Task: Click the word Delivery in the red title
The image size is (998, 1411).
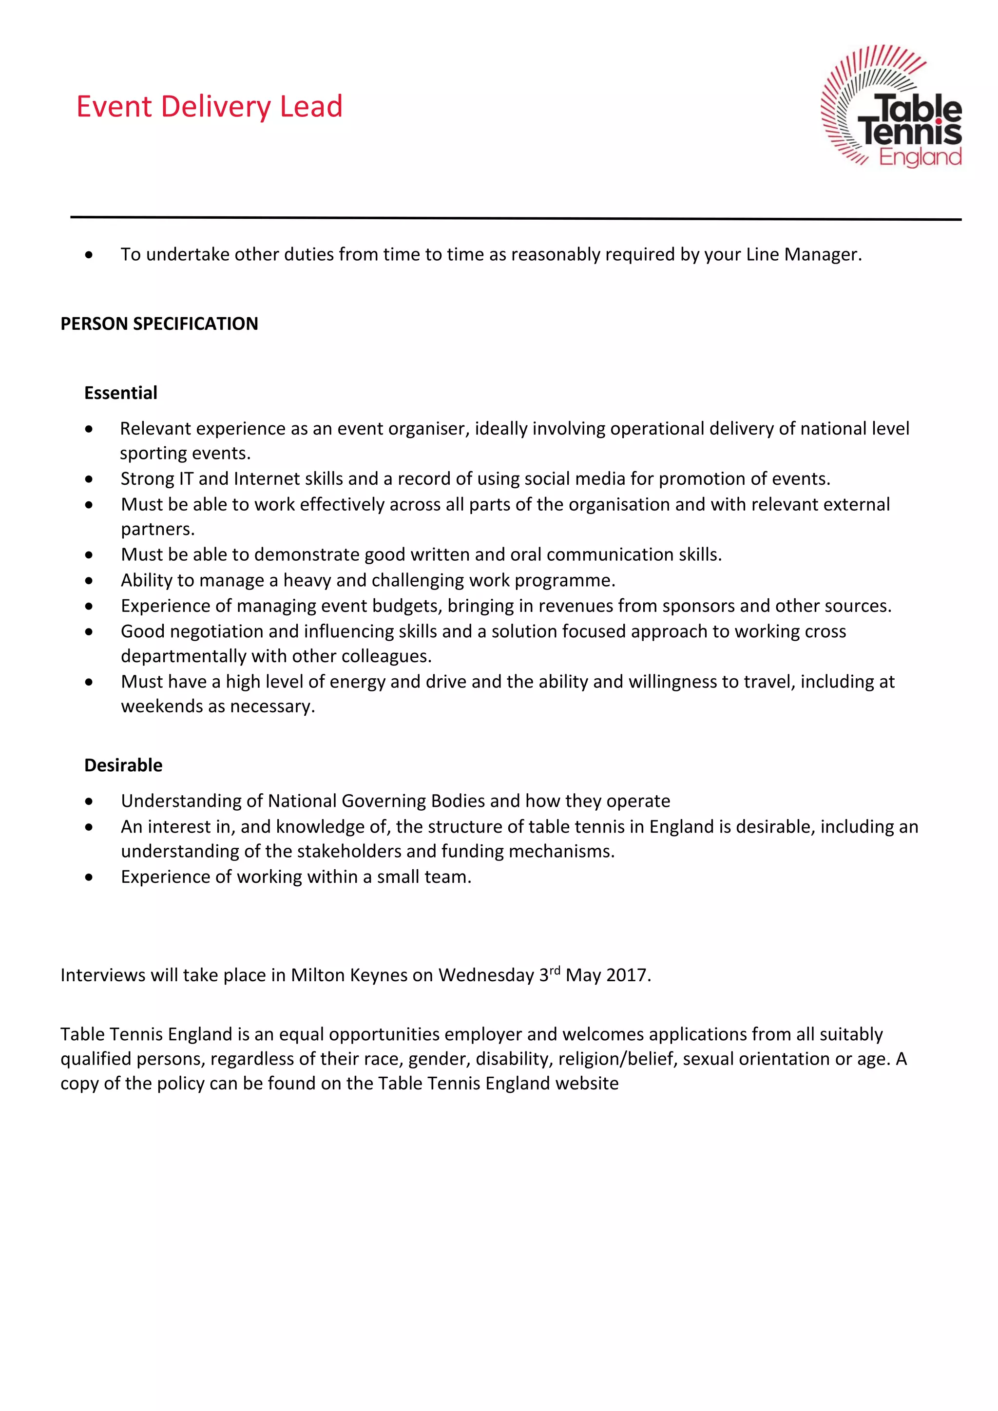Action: (216, 107)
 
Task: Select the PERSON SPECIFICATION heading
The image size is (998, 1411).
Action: (159, 324)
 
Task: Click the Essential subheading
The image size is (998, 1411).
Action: (120, 393)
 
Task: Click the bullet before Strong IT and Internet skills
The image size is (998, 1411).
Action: (90, 479)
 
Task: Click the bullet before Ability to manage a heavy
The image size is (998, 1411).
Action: (90, 581)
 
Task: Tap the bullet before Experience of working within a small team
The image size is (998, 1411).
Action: (90, 877)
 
